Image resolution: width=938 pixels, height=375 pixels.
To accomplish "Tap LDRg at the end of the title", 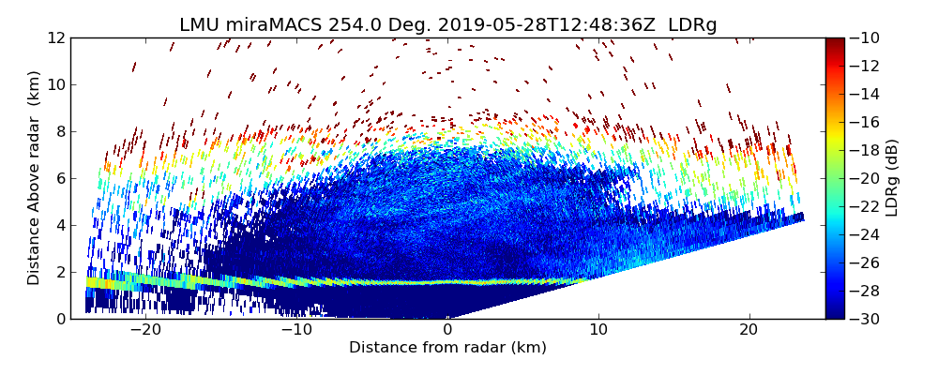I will coord(692,25).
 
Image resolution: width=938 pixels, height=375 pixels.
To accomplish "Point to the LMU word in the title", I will coord(198,25).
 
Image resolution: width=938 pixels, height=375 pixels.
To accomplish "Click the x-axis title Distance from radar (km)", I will coord(447,348).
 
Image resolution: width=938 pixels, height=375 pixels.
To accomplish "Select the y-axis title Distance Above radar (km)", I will coord(34,177).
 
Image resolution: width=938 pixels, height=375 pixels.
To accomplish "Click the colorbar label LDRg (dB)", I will coord(892,177).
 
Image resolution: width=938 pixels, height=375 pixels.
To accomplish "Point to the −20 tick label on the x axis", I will coord(145,330).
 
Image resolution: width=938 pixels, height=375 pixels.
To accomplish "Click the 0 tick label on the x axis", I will coord(447,330).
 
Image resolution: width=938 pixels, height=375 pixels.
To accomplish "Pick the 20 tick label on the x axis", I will coord(749,330).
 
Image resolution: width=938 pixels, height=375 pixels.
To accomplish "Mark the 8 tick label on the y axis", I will coord(59,131).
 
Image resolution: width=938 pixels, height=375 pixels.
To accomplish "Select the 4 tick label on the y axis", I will coord(59,225).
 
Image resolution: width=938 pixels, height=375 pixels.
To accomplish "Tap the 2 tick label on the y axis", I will coord(59,272).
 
